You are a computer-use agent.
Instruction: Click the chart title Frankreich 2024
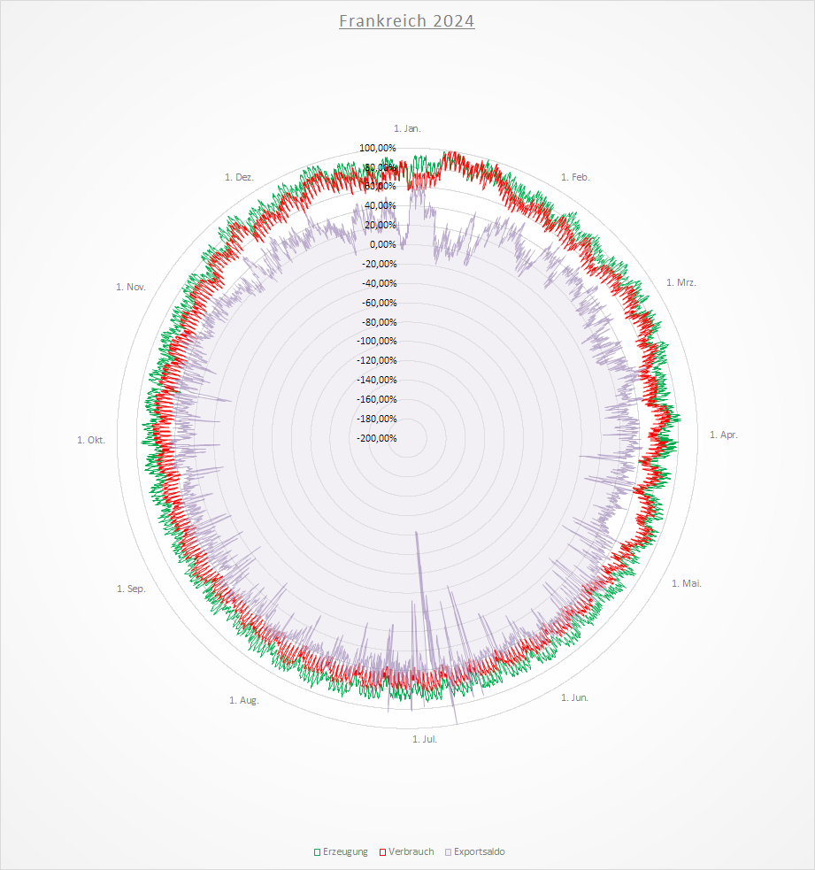click(407, 20)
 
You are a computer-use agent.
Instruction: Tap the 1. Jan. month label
click(407, 128)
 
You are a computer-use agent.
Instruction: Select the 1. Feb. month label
click(575, 177)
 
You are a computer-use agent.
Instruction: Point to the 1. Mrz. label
click(680, 282)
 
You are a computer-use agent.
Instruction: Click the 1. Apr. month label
click(724, 435)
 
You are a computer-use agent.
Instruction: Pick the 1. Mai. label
click(687, 583)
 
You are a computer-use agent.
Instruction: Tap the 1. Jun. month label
click(574, 697)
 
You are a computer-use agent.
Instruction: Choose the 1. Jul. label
click(425, 738)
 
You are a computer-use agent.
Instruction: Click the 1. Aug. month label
click(244, 700)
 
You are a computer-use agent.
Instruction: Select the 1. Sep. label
click(131, 589)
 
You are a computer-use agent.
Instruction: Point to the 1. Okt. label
click(91, 440)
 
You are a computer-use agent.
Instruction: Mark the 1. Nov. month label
click(130, 286)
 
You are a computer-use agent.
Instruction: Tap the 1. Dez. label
click(240, 177)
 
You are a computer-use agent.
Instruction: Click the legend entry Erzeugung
click(341, 851)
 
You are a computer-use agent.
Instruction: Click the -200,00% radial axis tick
click(378, 438)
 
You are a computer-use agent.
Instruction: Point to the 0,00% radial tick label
click(383, 244)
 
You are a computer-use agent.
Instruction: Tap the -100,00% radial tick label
click(378, 342)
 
